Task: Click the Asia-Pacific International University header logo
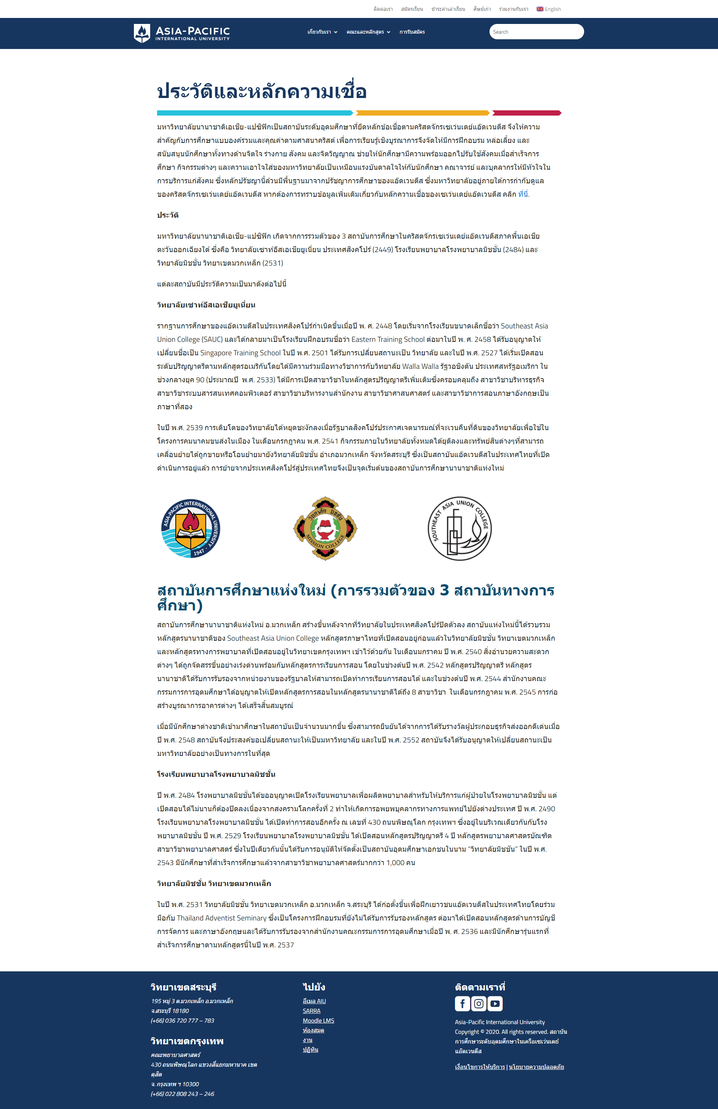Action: [x=182, y=33]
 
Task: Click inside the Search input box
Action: [x=536, y=32]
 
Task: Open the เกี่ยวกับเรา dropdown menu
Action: [x=322, y=32]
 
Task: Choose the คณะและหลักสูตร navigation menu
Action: [x=368, y=32]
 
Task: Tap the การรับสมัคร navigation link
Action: [x=412, y=32]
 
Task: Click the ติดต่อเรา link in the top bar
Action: [x=383, y=9]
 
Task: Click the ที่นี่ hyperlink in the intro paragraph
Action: [x=523, y=194]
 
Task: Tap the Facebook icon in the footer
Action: [x=462, y=1003]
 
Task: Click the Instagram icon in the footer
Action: [x=479, y=1003]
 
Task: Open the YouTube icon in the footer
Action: [x=495, y=1003]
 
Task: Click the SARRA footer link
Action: [x=311, y=1011]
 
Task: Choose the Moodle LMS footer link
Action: [x=318, y=1020]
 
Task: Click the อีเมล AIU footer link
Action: [x=314, y=1001]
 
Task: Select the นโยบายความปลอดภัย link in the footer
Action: [x=536, y=1067]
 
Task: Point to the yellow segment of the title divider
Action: [x=422, y=113]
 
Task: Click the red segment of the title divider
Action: [x=527, y=113]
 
